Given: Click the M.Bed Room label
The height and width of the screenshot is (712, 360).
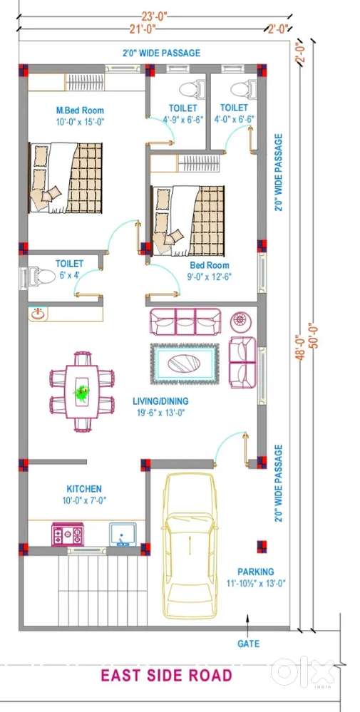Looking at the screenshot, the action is [x=80, y=110].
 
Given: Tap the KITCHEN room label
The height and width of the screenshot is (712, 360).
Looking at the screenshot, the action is [x=84, y=489].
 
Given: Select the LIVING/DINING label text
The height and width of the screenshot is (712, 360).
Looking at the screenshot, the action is [x=160, y=401].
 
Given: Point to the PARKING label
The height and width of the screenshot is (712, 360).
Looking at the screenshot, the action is [x=256, y=572].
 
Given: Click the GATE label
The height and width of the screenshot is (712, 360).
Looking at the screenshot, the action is [x=249, y=644].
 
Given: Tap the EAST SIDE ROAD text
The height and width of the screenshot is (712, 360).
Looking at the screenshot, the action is [x=166, y=676].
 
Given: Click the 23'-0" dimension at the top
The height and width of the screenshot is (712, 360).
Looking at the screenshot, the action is [x=155, y=17].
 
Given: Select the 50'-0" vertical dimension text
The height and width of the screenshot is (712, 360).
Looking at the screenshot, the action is [x=314, y=335].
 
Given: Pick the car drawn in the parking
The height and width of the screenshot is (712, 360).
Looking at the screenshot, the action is [x=190, y=545].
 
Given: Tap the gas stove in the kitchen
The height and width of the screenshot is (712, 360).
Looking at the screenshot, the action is [x=68, y=534].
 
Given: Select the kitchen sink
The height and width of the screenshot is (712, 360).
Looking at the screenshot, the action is [x=123, y=534].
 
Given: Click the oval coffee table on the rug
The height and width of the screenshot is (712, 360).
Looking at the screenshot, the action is [x=184, y=363].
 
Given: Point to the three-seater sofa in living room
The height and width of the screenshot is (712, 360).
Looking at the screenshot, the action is [x=185, y=321].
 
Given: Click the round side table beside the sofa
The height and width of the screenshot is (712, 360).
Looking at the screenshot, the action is [x=239, y=322].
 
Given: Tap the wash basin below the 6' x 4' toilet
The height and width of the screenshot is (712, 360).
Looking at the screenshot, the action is [x=37, y=314].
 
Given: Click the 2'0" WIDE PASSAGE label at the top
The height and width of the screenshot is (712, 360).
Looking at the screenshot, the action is [x=161, y=53].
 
